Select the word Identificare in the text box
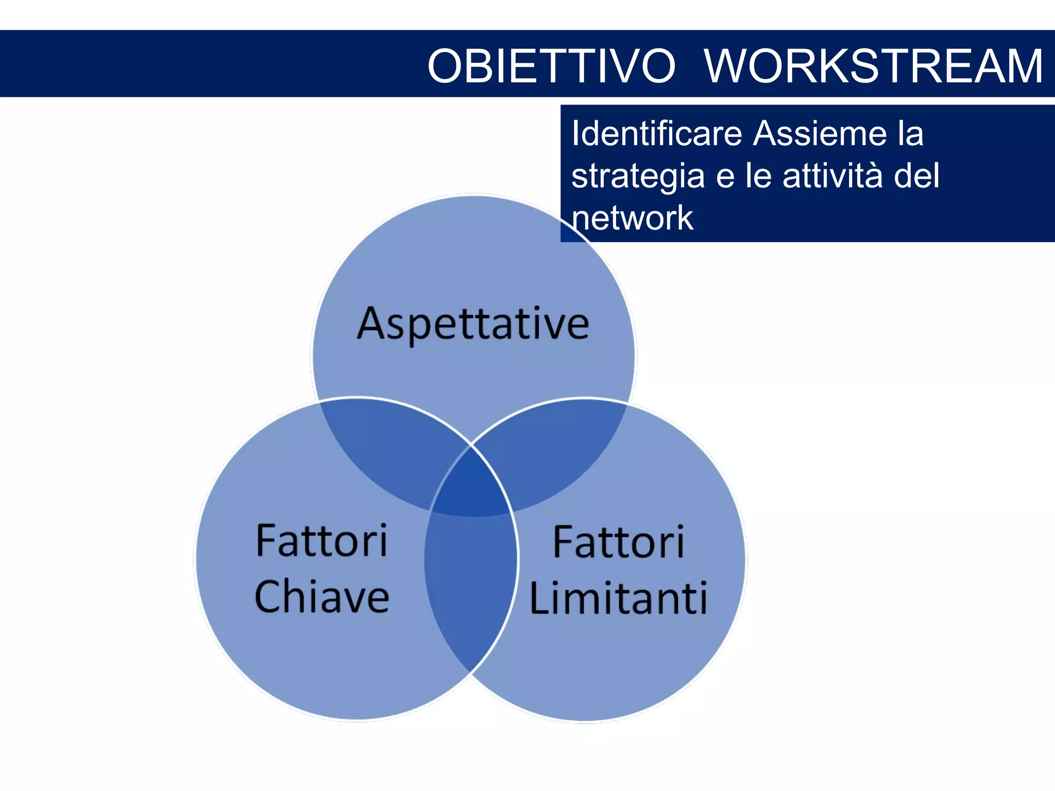tap(656, 133)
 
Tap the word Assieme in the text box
tap(820, 133)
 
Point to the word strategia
tap(638, 177)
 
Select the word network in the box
tap(632, 218)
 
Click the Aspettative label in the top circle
tap(473, 324)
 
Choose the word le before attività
tap(758, 176)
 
